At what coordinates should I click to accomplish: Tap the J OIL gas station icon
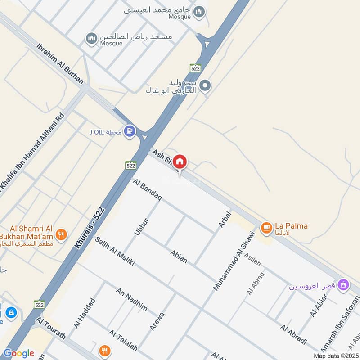tap(130, 131)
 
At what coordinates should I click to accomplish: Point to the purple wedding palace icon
tap(344, 285)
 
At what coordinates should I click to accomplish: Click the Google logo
tap(18, 353)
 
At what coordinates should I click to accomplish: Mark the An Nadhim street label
tap(132, 300)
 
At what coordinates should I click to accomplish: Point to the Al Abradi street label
tap(293, 334)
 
